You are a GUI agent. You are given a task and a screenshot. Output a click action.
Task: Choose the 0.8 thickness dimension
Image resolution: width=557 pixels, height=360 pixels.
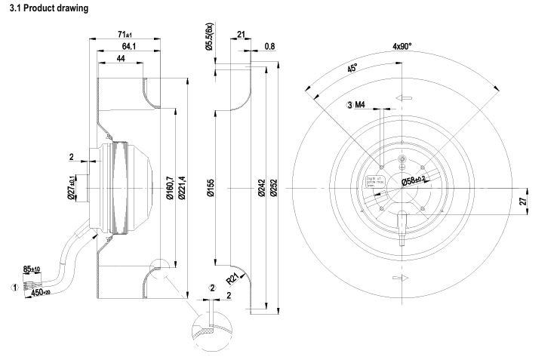pos(270,46)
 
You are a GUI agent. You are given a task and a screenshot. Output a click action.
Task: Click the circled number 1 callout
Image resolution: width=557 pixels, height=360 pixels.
pos(12,287)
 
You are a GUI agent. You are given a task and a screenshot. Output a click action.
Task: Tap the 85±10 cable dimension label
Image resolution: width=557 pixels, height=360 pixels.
pos(32,268)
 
